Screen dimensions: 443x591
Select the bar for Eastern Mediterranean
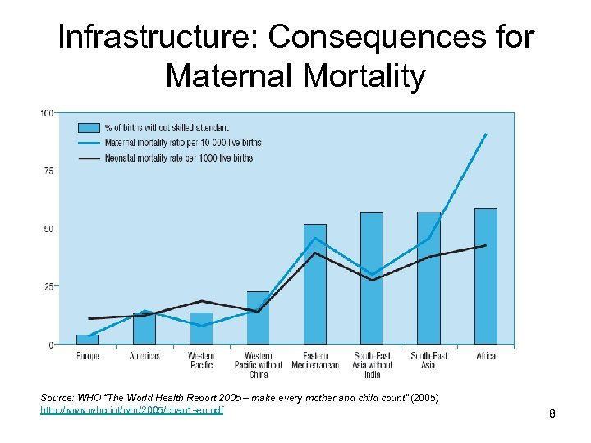315,284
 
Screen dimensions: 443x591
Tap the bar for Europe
88,339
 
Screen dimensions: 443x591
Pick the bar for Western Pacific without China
258,317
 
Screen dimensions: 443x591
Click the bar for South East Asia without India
372,278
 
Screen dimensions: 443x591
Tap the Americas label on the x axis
144,356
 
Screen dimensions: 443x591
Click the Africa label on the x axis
486,356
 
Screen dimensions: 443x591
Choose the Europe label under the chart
88,356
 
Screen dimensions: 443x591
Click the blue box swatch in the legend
89,127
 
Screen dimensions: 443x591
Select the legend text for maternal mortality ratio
182,143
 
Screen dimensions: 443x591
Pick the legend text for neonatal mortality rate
178,158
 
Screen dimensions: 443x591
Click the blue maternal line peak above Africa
486,134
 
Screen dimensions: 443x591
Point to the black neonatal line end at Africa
486,245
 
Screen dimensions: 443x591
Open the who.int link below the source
131,409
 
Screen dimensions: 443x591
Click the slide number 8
552,414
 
